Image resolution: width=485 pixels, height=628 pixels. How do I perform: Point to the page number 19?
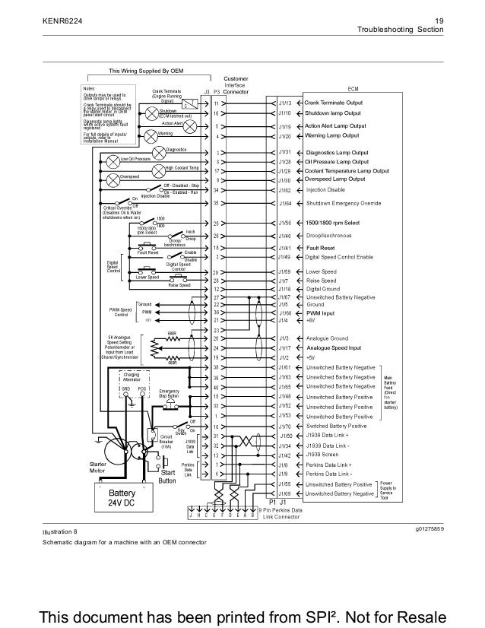[x=438, y=20]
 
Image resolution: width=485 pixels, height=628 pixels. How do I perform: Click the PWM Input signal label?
[x=321, y=312]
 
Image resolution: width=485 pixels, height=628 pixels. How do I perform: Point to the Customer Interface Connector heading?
[x=233, y=85]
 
